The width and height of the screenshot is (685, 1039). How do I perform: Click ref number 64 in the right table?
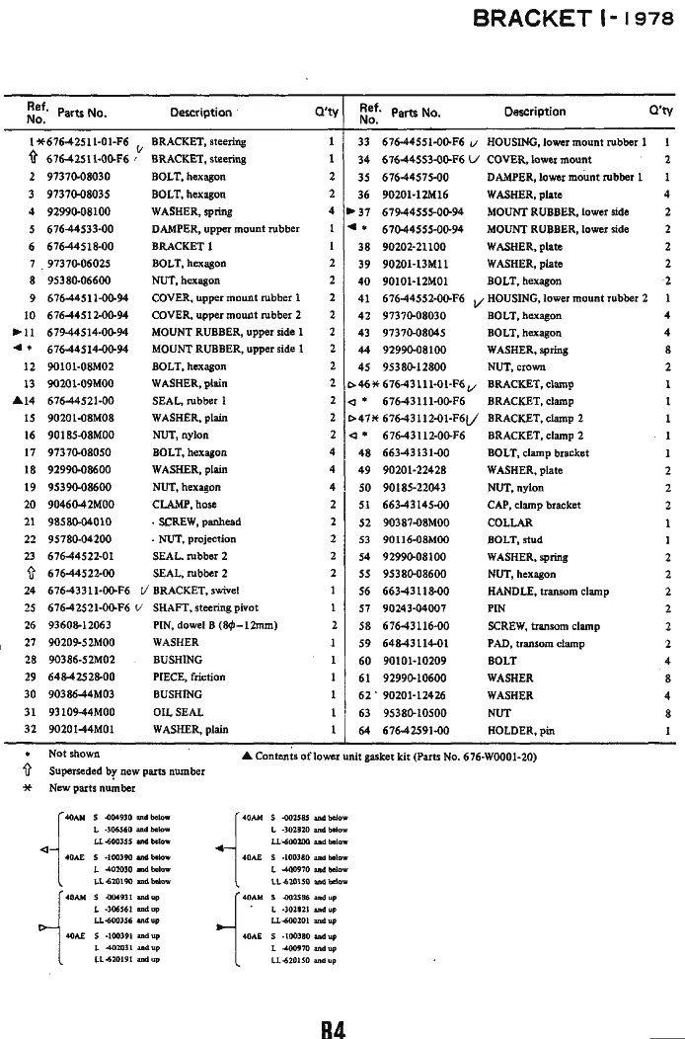pyautogui.click(x=363, y=730)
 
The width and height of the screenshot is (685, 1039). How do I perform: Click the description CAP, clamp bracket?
pyautogui.click(x=534, y=505)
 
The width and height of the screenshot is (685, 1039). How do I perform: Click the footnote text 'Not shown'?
pyautogui.click(x=72, y=754)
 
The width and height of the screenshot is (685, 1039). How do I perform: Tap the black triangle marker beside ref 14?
pyautogui.click(x=19, y=400)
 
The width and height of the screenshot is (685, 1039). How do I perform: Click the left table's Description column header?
pyautogui.click(x=200, y=113)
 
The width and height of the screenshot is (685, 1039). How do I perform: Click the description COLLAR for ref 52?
pyautogui.click(x=510, y=521)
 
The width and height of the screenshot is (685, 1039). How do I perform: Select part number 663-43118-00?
pyautogui.click(x=415, y=591)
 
